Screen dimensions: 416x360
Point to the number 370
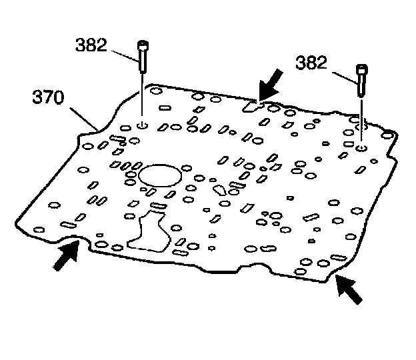point(49,99)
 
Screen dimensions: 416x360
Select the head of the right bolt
point(362,69)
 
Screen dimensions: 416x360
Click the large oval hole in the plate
point(157,177)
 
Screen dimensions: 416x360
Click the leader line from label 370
point(83,114)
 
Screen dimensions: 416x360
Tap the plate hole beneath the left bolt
point(143,125)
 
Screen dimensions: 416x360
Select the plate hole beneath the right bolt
point(360,147)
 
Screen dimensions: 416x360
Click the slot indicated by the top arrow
point(251,105)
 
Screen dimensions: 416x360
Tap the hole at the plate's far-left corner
point(38,230)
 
